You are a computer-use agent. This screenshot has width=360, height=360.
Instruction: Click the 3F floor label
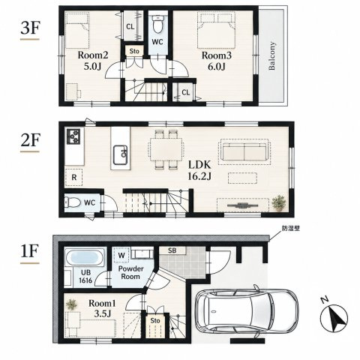click(30, 28)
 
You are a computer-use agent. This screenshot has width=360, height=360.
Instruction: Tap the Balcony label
click(271, 55)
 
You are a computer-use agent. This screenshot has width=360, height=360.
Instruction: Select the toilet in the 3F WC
click(157, 24)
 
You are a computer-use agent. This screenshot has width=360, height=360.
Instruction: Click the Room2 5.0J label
click(93, 61)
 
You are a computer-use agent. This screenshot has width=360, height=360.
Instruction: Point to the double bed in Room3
click(216, 30)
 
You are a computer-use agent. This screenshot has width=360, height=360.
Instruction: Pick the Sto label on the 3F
click(134, 51)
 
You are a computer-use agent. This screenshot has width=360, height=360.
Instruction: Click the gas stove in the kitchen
click(73, 136)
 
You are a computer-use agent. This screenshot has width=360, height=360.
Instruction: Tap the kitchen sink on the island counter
click(121, 154)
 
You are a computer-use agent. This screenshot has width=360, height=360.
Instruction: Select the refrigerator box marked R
click(73, 177)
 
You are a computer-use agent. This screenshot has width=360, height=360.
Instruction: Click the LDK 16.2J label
click(199, 170)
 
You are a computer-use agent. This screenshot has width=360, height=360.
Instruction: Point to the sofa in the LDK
click(244, 152)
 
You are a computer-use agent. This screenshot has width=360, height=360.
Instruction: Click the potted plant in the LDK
click(279, 202)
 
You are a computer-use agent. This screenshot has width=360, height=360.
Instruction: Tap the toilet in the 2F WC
click(73, 202)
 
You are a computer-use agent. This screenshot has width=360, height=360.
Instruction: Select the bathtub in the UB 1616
click(85, 257)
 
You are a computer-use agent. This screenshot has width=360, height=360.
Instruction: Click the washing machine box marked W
click(121, 255)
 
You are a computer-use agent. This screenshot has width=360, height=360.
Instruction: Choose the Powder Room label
click(130, 273)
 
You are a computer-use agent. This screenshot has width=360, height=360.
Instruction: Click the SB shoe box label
click(172, 250)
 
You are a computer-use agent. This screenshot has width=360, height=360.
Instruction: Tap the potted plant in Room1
click(72, 304)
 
